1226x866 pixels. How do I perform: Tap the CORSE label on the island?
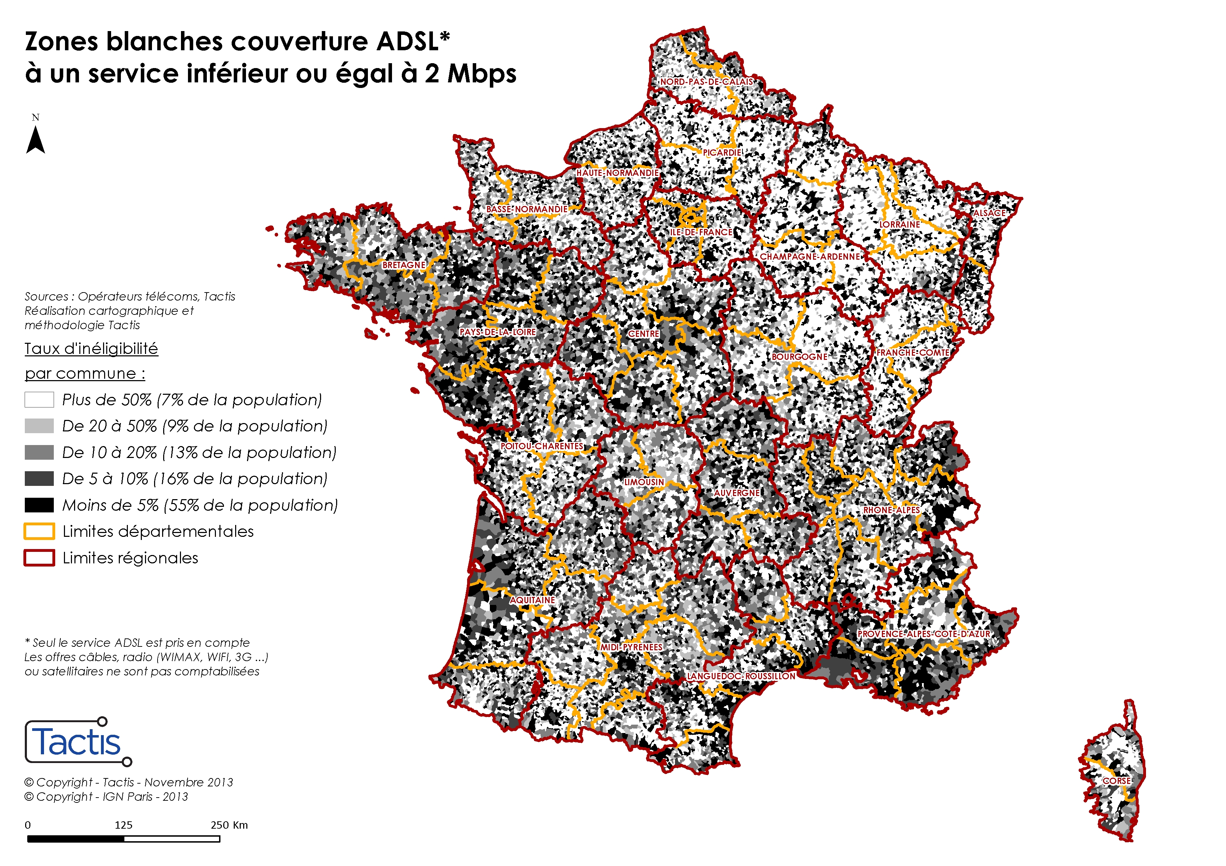1117,780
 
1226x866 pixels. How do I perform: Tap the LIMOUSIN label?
644,482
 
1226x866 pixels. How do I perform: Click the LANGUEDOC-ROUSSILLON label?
741,676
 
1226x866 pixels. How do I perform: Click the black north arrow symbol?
35,140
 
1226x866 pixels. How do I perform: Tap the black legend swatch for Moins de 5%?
39,505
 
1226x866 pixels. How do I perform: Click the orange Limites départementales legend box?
39,532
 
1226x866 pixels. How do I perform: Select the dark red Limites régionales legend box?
39,557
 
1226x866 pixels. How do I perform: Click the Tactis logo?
78,742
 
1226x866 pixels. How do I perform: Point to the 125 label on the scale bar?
123,825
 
